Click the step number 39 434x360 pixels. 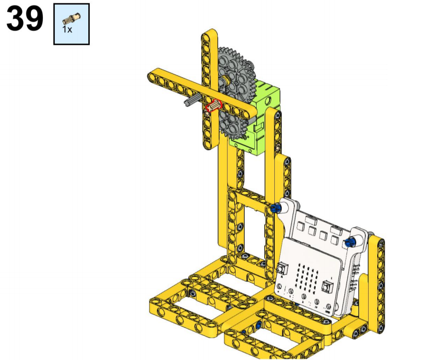[25, 19]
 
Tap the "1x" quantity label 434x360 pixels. [67, 30]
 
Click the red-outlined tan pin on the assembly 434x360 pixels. [214, 106]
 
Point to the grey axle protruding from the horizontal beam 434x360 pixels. [192, 100]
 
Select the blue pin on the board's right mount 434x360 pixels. [350, 242]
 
